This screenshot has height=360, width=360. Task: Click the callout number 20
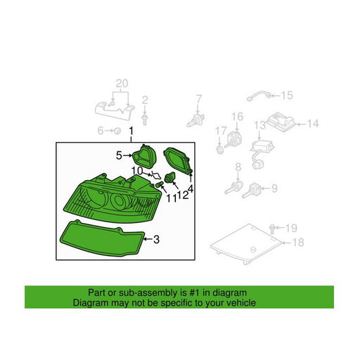[122, 84]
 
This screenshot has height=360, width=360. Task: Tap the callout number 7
[199, 99]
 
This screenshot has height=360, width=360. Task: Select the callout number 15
[287, 95]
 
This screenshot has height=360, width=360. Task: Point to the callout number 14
[313, 124]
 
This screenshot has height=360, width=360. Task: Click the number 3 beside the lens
[156, 239]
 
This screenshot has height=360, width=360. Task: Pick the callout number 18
[298, 243]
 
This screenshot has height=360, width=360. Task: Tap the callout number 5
[119, 155]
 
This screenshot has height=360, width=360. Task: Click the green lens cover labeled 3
[102, 238]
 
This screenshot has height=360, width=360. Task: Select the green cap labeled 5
[144, 156]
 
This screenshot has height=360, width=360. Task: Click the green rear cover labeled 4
[178, 160]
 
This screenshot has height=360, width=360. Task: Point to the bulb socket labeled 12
[169, 178]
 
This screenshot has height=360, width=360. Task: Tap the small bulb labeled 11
[160, 185]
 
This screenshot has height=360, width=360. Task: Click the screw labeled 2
[145, 119]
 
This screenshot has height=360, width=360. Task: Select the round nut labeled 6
[117, 131]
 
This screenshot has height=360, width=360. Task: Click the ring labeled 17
[220, 150]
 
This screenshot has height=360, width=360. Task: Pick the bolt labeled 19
[272, 229]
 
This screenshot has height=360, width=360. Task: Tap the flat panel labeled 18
[246, 243]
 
